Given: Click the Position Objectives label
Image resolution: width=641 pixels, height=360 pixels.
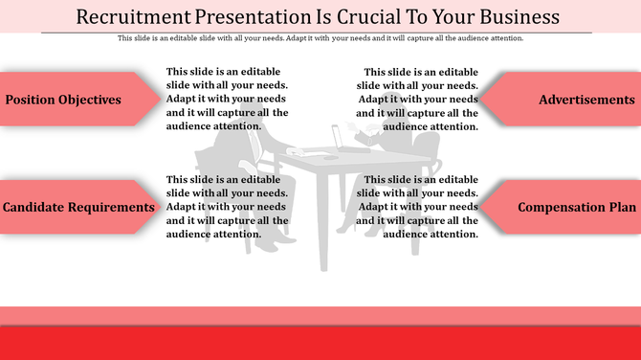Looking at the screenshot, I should tap(63, 100).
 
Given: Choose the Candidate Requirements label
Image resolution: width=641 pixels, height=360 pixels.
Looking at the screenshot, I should tap(78, 207).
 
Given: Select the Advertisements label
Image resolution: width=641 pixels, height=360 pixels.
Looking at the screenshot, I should tap(586, 100).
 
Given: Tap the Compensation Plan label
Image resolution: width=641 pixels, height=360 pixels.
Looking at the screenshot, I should tap(576, 207).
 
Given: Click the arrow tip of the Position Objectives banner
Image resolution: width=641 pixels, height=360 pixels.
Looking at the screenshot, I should tap(163, 100).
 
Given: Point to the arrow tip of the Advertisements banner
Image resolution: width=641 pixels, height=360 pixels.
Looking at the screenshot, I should tap(479, 100).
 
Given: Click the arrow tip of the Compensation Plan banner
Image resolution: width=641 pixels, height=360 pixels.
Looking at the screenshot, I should tap(479, 207).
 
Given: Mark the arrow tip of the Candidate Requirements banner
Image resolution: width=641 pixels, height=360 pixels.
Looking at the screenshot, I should tap(163, 207).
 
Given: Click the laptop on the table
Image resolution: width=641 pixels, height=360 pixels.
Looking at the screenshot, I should tap(337, 139).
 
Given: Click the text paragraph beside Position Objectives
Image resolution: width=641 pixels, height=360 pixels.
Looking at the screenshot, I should tap(227, 99).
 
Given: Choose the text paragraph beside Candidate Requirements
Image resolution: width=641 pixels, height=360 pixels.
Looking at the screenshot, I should tap(227, 207).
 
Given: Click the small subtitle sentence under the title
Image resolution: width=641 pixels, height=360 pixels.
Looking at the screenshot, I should tap(320, 38).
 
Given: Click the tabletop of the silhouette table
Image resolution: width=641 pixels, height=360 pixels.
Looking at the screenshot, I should tap(325, 157).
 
